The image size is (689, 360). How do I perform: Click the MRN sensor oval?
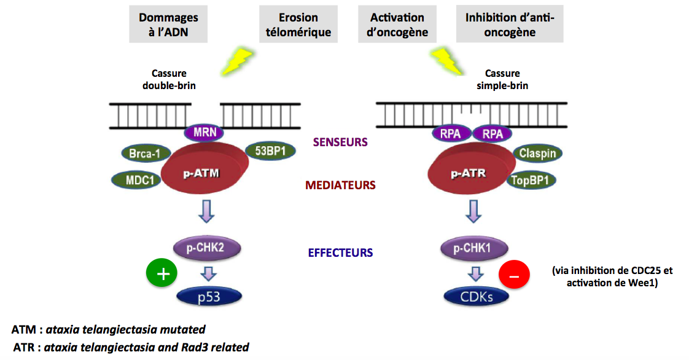click(204, 132)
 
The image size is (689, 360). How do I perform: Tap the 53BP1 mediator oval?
click(269, 151)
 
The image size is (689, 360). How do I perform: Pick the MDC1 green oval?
click(136, 180)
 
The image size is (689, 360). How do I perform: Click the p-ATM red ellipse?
click(203, 173)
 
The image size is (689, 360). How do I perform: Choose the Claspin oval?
click(538, 154)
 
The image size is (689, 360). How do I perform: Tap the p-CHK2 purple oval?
click(205, 248)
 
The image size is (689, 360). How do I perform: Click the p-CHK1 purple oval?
click(472, 248)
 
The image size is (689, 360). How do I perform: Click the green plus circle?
click(162, 274)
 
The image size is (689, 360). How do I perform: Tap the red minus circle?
click(514, 276)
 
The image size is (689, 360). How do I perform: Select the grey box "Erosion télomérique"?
click(298, 24)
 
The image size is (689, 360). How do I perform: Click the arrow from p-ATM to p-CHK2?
click(207, 211)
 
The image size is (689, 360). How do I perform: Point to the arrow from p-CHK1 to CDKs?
click(473, 273)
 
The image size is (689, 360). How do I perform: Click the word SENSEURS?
click(340, 142)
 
